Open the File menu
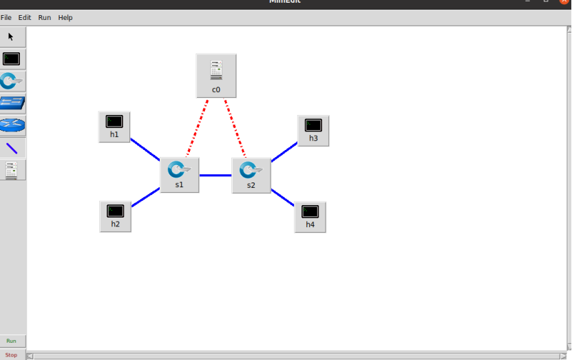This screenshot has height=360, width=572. pos(6,17)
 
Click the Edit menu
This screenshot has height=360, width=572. pos(25,17)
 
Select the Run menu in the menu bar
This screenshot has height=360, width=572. pos(44,17)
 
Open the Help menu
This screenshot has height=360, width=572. pos(65,17)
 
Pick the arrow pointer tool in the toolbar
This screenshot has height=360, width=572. pos(11,36)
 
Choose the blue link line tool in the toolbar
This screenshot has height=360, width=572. pos(12,148)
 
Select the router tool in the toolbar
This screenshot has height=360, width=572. pos(12,125)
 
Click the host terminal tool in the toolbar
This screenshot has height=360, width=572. pos(12,59)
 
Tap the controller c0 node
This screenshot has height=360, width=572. pos(216,75)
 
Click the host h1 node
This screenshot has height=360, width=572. pos(114,126)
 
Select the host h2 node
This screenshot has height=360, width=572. pos(115,215)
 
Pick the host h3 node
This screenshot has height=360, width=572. pos(313,129)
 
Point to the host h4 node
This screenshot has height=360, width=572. pos(310,216)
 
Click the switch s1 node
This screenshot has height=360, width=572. pos(179,174)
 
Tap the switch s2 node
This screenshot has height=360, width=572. pos(251,175)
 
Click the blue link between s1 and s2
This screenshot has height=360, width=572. pos(215,175)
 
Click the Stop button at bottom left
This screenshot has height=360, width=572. pos(12,354)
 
